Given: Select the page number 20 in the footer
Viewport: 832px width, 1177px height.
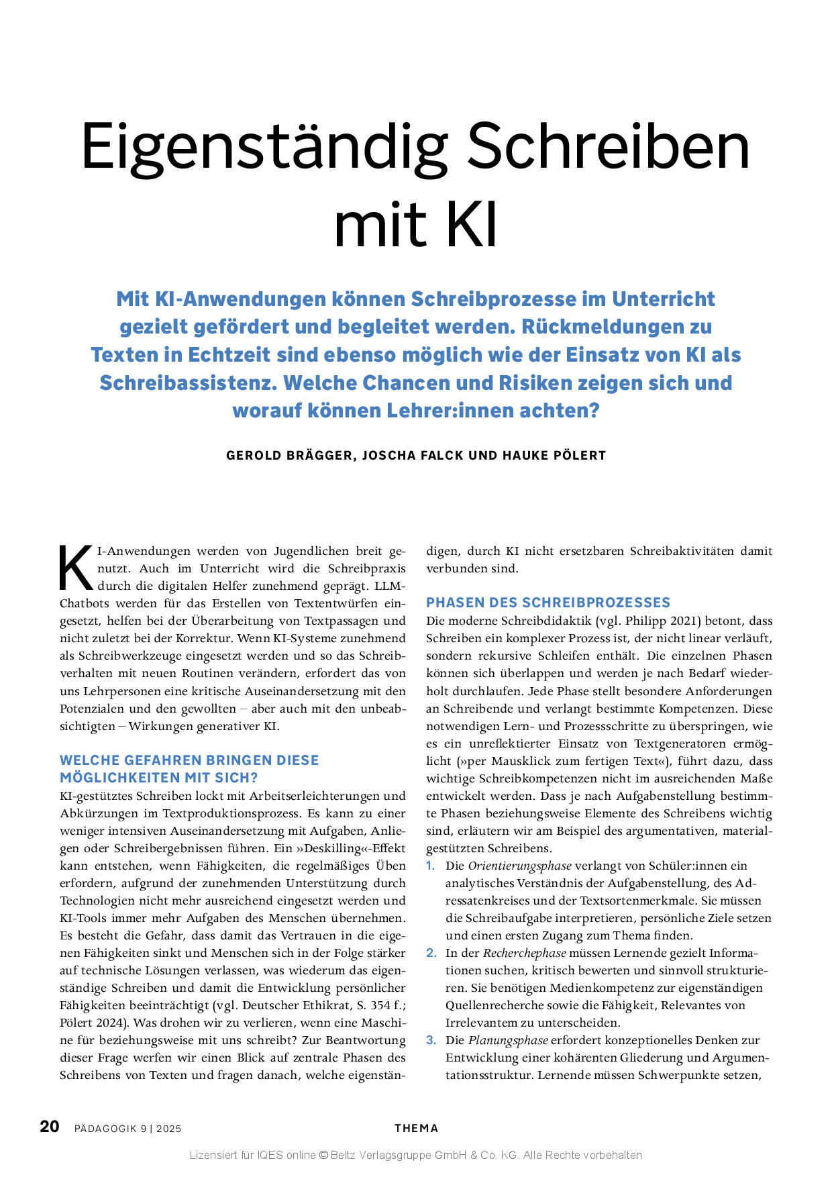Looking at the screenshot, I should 50,1126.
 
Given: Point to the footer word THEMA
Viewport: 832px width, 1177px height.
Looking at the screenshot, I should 416,1128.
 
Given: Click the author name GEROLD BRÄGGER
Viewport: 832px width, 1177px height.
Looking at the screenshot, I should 290,456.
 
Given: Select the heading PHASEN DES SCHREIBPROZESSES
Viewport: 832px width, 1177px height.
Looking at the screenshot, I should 548,603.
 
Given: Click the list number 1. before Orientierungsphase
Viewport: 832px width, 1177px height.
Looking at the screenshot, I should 431,866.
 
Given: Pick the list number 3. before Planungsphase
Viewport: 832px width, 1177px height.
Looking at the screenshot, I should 431,1040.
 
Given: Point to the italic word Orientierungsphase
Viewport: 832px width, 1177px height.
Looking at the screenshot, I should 520,866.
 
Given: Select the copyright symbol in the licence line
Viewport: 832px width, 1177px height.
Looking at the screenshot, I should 323,1155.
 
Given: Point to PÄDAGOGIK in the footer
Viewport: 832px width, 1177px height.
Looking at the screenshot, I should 107,1129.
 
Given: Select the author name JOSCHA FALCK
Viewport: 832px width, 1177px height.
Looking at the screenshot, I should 413,456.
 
